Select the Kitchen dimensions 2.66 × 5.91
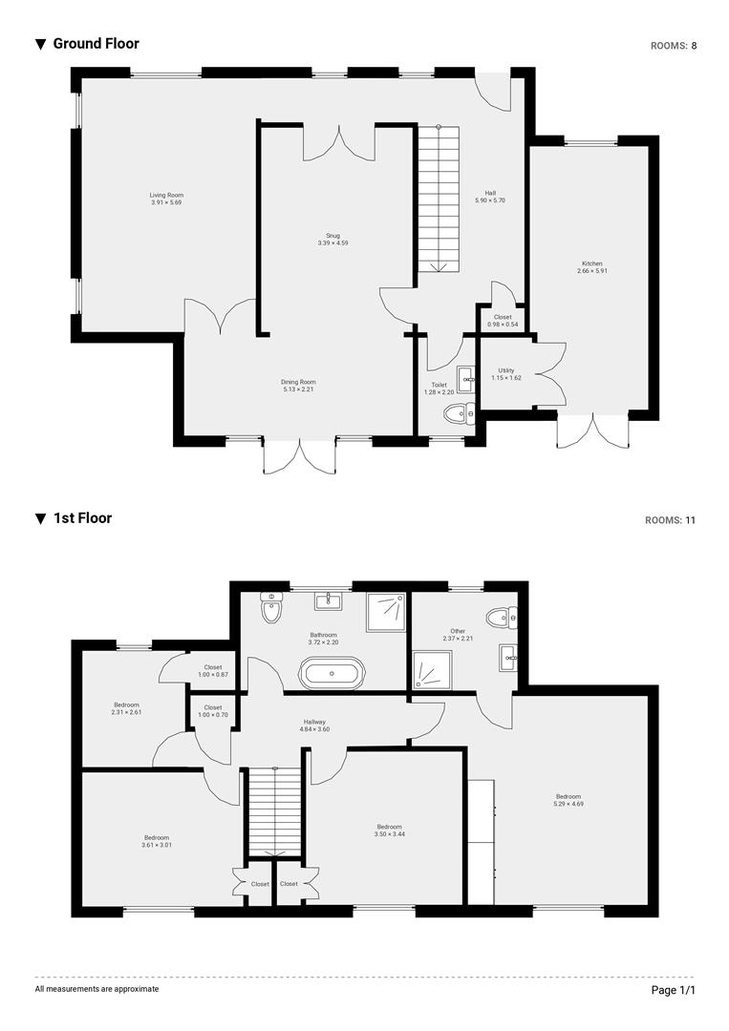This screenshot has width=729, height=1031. tap(592, 271)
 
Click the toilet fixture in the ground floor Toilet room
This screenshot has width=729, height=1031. tap(460, 413)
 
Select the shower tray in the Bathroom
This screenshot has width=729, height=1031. tap(387, 606)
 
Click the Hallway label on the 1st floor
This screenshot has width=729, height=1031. tap(315, 722)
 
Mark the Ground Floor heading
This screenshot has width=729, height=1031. tap(96, 44)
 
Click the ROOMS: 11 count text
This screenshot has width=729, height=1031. tap(671, 520)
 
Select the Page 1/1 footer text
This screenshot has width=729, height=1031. tap(674, 990)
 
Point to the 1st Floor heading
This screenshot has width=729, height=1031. tap(82, 518)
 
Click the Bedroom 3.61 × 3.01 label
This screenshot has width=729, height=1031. tap(157, 841)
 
